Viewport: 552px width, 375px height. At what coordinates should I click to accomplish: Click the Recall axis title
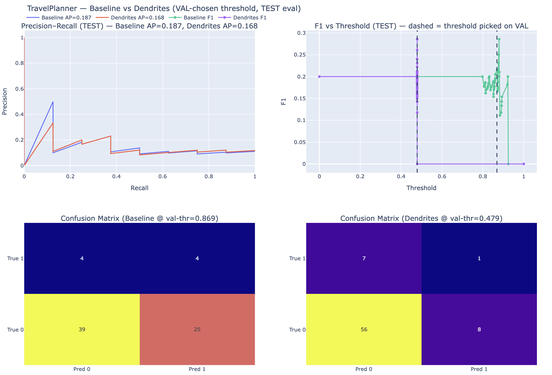[139, 188]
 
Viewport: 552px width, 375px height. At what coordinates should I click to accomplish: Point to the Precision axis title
[5, 101]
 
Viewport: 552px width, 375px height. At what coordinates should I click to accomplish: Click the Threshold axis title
[421, 188]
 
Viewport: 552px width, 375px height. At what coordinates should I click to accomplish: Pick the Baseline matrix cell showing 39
[82, 330]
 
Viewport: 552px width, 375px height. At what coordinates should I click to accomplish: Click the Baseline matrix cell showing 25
[197, 330]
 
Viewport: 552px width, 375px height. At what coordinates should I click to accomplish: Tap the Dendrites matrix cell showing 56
[364, 330]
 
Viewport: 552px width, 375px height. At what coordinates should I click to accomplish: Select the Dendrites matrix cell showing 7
[364, 259]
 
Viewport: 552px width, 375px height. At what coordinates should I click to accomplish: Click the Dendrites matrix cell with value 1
[479, 259]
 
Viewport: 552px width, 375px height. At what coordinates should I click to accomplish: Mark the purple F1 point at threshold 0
[319, 77]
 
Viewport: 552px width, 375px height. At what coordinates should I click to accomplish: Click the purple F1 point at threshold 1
[524, 164]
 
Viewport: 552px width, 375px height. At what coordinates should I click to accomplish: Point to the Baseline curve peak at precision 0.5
[53, 102]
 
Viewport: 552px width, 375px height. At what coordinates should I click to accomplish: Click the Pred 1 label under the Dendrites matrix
[479, 369]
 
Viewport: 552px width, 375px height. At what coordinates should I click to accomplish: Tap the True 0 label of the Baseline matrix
[15, 330]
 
